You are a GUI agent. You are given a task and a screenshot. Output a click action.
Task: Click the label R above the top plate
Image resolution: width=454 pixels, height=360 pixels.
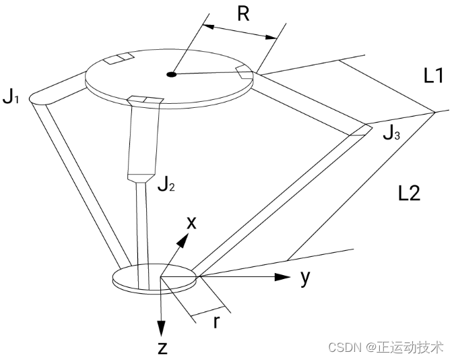pos(243,14)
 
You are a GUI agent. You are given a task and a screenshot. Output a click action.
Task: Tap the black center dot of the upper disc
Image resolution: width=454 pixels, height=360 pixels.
pos(172,74)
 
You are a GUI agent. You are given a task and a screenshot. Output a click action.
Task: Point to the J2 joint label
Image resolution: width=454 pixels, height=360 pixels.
pos(166,183)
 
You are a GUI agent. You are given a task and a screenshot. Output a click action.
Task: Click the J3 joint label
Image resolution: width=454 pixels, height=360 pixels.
pos(391,133)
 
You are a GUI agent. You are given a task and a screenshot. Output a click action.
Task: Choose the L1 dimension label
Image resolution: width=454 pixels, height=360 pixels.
pos(433,76)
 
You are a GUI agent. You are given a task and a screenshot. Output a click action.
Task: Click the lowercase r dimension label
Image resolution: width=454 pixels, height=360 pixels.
pos(216,322)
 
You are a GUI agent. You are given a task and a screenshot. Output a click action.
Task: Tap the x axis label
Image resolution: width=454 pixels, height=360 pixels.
pos(191,223)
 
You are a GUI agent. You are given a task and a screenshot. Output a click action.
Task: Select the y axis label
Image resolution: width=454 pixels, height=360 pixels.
pos(305,277)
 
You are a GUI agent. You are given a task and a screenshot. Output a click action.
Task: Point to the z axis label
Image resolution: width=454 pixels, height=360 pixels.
pos(162,348)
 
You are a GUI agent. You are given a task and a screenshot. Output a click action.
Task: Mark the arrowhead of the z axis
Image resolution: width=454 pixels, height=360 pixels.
pos(162,330)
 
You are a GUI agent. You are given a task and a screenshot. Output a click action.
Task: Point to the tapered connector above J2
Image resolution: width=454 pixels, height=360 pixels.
pos(142,178)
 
